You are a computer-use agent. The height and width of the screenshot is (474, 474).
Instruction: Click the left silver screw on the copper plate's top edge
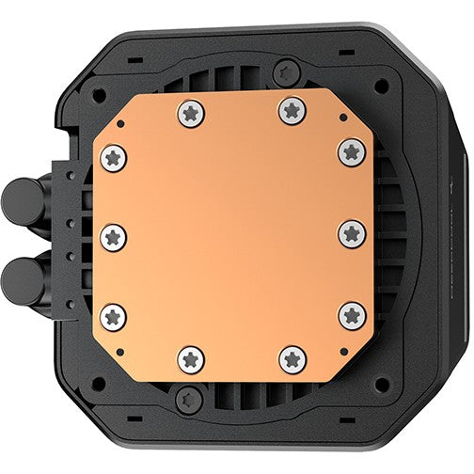click(191, 114)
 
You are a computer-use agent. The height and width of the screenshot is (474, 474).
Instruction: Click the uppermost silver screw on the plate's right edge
click(352, 150)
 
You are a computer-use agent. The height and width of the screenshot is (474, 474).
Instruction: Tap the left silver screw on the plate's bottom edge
click(192, 358)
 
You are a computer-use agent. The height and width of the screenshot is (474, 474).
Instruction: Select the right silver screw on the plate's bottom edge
click(292, 358)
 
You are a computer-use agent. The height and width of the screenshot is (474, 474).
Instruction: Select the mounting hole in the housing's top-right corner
click(380, 85)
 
